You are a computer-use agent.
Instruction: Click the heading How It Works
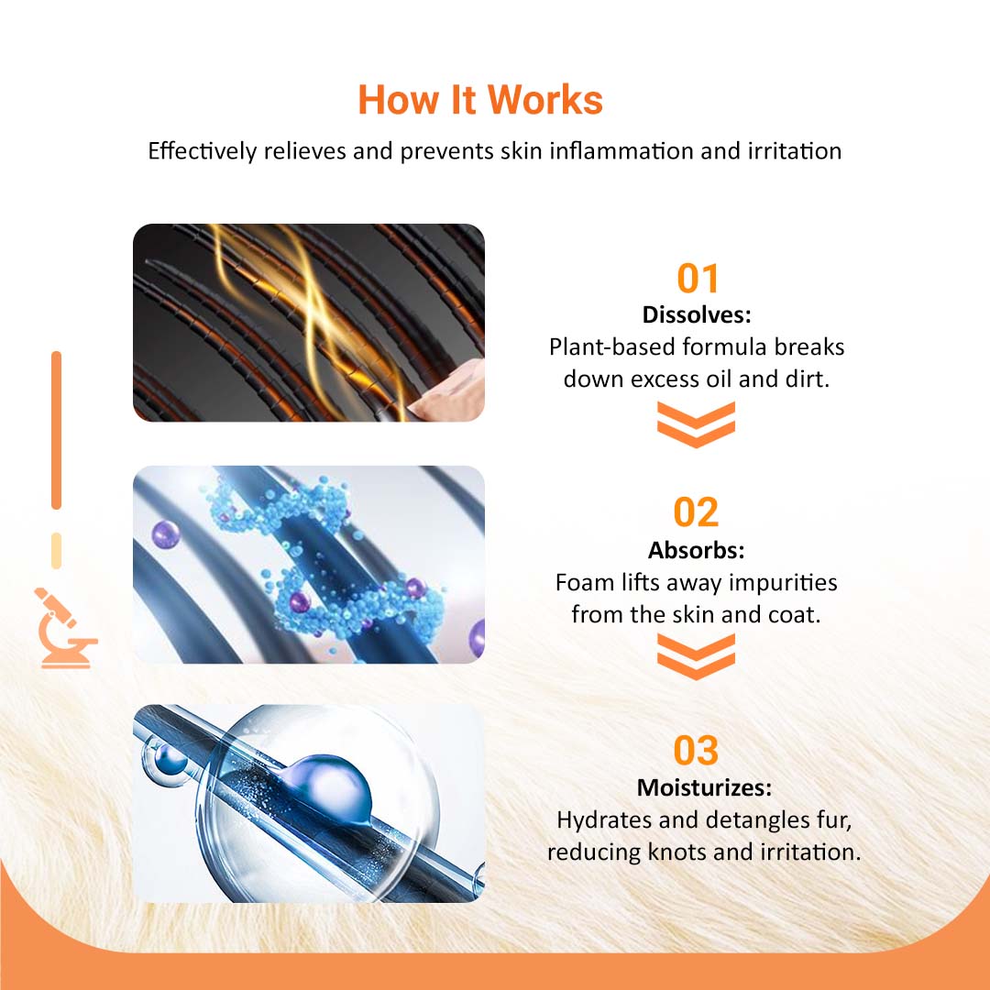tap(479, 100)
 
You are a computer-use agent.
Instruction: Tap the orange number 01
tap(697, 279)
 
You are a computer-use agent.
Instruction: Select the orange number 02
tap(696, 512)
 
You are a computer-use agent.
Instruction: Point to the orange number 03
tap(696, 750)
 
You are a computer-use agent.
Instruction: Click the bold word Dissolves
tap(697, 314)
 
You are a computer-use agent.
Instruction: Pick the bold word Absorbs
tap(696, 550)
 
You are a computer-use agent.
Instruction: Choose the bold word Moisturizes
tap(704, 787)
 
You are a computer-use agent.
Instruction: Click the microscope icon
tap(63, 628)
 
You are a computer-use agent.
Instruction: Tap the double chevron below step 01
tap(696, 424)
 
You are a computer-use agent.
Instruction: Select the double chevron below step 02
tap(696, 656)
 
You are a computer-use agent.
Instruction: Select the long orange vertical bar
tap(56, 430)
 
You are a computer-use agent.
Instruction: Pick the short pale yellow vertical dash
tap(56, 551)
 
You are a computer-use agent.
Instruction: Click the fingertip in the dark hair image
tap(449, 391)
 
